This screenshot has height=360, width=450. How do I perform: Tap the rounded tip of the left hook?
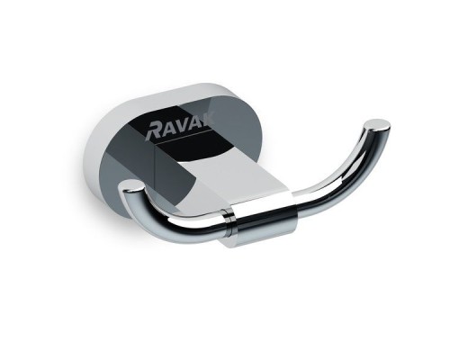click(131, 189)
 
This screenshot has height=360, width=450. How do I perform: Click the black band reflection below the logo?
click(193, 158)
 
